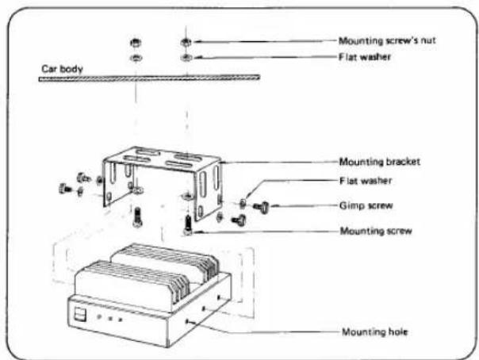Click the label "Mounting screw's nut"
tap(387, 41)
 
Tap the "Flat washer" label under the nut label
tap(365, 57)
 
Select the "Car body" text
tap(62, 69)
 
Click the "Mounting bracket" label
tap(380, 162)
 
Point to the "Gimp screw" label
tap(366, 206)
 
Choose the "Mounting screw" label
tap(376, 231)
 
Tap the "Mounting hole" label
tap(375, 332)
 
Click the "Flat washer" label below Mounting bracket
tap(366, 181)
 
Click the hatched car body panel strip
tap(149, 79)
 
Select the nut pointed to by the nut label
tap(186, 42)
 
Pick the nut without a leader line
tap(136, 43)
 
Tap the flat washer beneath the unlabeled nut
tap(136, 57)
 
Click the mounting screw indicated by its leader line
tap(188, 225)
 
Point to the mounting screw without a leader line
tap(137, 216)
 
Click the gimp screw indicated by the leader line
tap(261, 207)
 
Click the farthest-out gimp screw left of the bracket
tap(65, 189)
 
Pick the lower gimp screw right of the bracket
tap(239, 220)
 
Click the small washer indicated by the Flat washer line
tap(243, 203)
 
